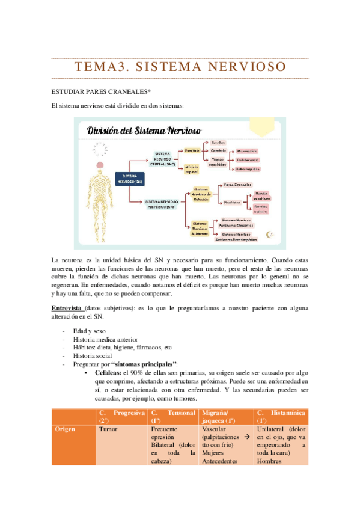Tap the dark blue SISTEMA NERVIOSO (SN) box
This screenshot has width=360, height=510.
click(130, 178)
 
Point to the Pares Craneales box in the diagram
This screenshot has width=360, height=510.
click(237, 185)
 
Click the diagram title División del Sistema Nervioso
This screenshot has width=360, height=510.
click(144, 131)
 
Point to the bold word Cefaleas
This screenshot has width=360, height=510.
click(105, 373)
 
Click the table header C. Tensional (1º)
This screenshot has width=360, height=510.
click(173, 416)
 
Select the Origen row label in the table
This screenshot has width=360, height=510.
click(65, 430)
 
